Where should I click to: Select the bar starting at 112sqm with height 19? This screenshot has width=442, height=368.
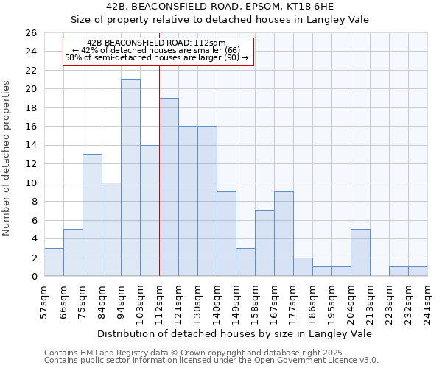169,187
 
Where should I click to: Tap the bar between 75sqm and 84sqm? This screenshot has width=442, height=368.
92,215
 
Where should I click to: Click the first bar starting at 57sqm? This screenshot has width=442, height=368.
54,262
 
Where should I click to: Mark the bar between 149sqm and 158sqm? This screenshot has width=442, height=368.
245,262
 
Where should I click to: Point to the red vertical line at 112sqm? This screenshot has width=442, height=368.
159,169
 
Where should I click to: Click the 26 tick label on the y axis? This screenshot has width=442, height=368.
30,33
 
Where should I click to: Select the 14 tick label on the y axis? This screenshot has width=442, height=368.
30,146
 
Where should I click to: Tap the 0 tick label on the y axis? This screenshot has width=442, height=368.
33,277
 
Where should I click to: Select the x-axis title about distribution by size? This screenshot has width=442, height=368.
236,333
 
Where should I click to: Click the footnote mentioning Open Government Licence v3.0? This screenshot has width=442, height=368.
211,361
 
